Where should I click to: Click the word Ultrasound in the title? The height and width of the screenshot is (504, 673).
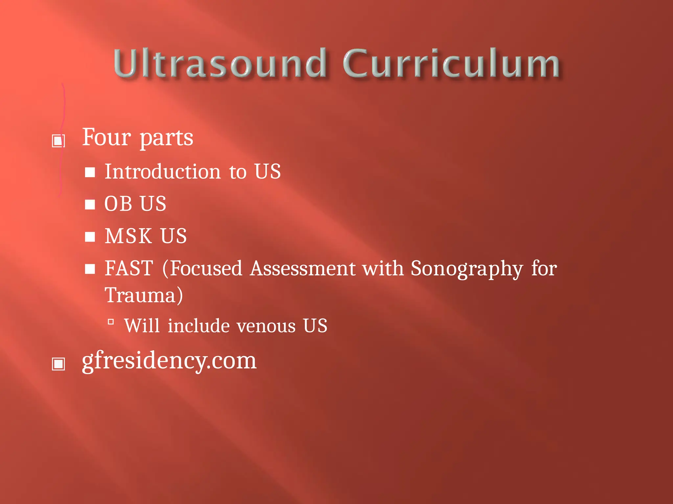pos(220,63)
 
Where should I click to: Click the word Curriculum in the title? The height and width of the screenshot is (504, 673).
pos(451,63)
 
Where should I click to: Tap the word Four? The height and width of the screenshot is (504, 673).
pos(106,137)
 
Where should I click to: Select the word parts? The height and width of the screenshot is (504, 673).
pos(166,138)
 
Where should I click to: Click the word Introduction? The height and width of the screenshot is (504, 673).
pos(163,172)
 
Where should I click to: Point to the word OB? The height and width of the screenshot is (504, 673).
pos(118,204)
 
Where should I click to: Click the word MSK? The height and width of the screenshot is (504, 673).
pos(128,236)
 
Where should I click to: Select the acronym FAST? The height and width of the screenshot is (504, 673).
pos(129,268)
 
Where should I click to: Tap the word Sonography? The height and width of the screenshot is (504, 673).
pos(467,269)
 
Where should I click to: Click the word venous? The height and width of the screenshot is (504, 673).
pos(266,326)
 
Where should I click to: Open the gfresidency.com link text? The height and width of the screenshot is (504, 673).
pos(169,361)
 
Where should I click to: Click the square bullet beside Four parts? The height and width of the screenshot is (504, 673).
pos(58,141)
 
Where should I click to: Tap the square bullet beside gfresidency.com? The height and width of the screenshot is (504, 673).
pos(58,364)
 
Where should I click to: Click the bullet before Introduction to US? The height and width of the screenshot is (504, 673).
pos(90,172)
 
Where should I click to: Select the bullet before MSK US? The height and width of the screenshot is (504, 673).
pos(90,237)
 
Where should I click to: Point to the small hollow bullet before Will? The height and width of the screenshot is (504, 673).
pos(111,322)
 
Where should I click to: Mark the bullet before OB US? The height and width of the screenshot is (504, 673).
pos(90,204)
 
